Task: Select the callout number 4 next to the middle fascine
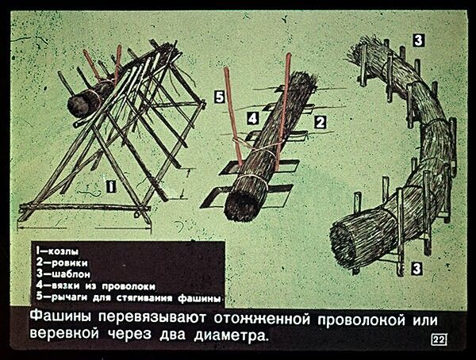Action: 251,117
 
